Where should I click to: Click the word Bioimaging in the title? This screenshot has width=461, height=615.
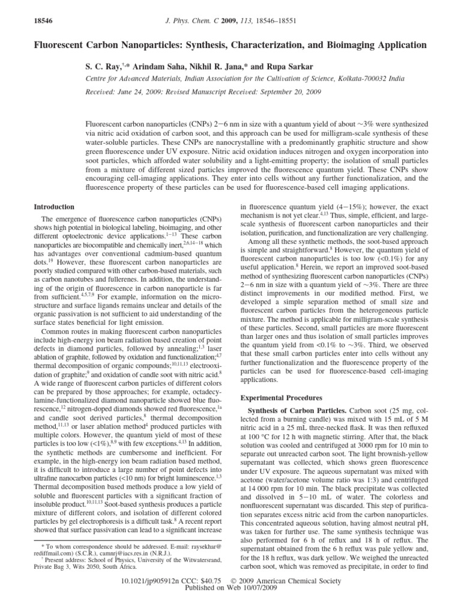[x=330, y=45]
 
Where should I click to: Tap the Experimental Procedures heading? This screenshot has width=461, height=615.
[x=281, y=398]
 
